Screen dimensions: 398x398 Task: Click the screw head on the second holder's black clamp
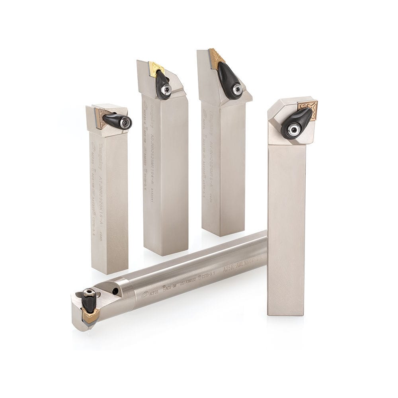pyautogui.click(x=167, y=90)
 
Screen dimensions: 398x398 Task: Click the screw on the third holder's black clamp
pyautogui.click(x=238, y=90)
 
